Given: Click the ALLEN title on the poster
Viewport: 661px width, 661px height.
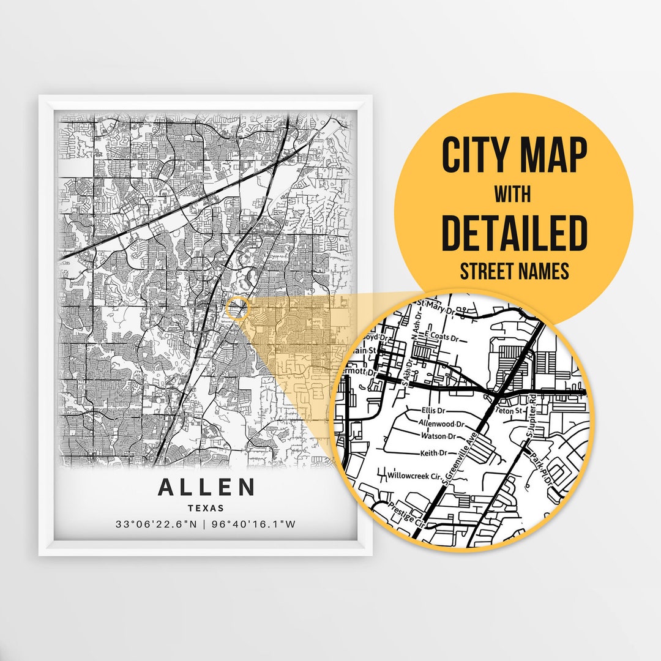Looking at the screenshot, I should (206, 487).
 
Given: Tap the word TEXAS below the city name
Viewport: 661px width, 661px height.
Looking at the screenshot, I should (206, 508).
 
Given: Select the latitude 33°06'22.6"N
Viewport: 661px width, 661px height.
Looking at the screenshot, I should (156, 525).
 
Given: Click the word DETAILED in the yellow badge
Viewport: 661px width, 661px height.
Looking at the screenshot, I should (514, 233).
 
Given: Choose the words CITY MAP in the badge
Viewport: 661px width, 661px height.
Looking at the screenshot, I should (514, 156).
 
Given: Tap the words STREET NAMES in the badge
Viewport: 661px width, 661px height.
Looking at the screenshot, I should (514, 271).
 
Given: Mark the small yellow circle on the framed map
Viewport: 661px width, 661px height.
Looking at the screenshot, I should (237, 308).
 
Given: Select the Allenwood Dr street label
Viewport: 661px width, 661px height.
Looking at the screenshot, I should (442, 424).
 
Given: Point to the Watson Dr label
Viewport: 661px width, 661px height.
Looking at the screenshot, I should (439, 436).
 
